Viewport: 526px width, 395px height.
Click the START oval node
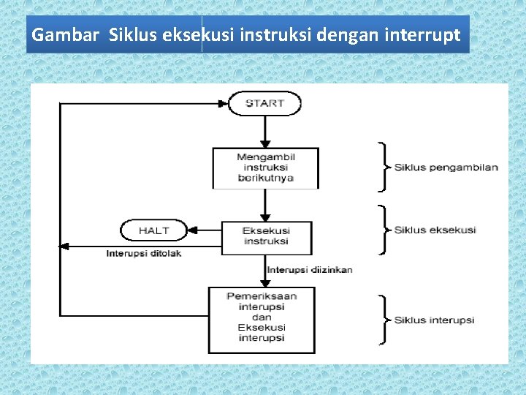[x=264, y=103]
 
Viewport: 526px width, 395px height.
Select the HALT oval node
[x=153, y=230]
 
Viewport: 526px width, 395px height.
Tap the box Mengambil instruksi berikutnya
[x=265, y=168]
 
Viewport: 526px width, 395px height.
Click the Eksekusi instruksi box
[x=266, y=236]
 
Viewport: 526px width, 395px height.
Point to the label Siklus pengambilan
[x=446, y=167]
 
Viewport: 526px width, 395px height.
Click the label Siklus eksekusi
[x=435, y=230]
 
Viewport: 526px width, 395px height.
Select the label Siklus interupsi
[x=435, y=320]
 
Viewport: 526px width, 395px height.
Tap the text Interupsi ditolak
[x=144, y=254]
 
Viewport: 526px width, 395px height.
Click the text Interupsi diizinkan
[x=310, y=269]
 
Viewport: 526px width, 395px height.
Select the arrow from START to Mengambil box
[x=265, y=132]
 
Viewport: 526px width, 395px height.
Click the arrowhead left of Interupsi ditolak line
[x=64, y=246]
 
